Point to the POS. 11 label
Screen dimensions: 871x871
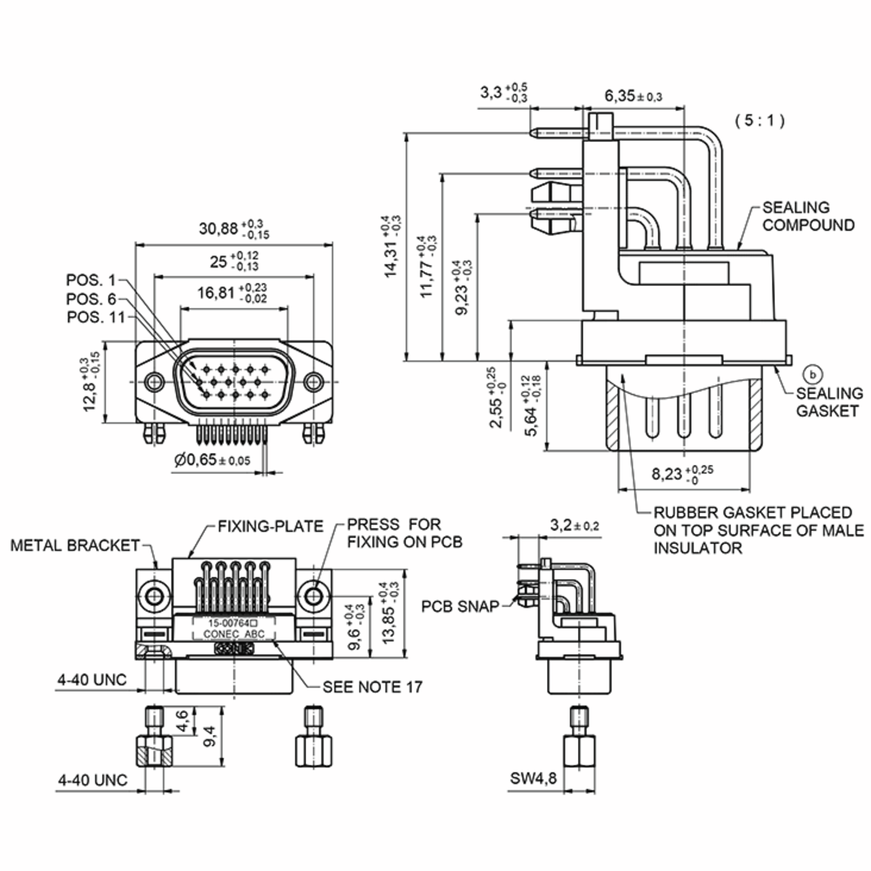[x=95, y=318]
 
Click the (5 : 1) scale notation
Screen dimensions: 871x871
[x=760, y=120]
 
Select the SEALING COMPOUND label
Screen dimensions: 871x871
[x=808, y=216]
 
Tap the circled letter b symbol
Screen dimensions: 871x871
[x=813, y=374]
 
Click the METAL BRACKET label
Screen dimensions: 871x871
[x=75, y=545]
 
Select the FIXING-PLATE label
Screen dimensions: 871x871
[x=270, y=526]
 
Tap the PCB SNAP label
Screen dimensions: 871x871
[x=460, y=606]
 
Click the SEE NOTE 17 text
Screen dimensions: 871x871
[x=372, y=687]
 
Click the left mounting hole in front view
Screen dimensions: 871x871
[x=154, y=381]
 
